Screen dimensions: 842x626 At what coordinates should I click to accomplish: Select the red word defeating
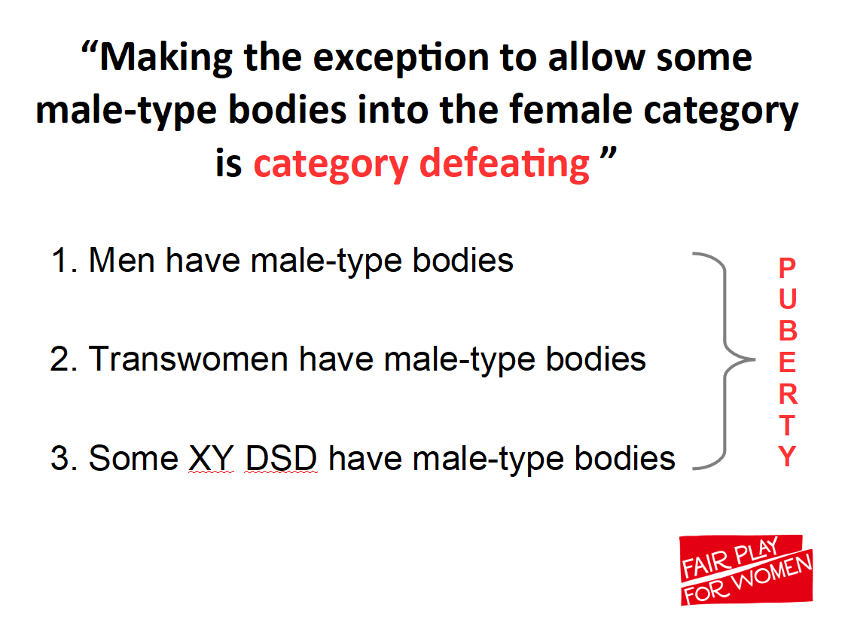pos(504,164)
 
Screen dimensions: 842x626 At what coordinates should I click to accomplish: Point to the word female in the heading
pos(570,109)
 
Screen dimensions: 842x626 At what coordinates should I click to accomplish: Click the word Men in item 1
pos(123,260)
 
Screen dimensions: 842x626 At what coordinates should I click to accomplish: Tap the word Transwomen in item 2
pos(188,359)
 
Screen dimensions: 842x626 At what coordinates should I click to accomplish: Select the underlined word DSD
pos(281,458)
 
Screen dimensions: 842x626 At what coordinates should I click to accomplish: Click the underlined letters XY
pos(212,458)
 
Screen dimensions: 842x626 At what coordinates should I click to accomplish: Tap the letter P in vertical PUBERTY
pos(787,267)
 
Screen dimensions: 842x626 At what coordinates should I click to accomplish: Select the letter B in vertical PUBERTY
pos(788,331)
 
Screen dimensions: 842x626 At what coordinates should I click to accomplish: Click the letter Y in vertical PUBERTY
pos(787,456)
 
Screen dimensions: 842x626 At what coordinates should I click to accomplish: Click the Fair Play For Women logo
pos(746,570)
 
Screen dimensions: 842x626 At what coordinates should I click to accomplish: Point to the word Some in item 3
pos(133,458)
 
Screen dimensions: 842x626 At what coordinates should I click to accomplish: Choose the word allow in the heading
pos(596,57)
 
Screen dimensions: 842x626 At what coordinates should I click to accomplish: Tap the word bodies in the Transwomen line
pos(596,359)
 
